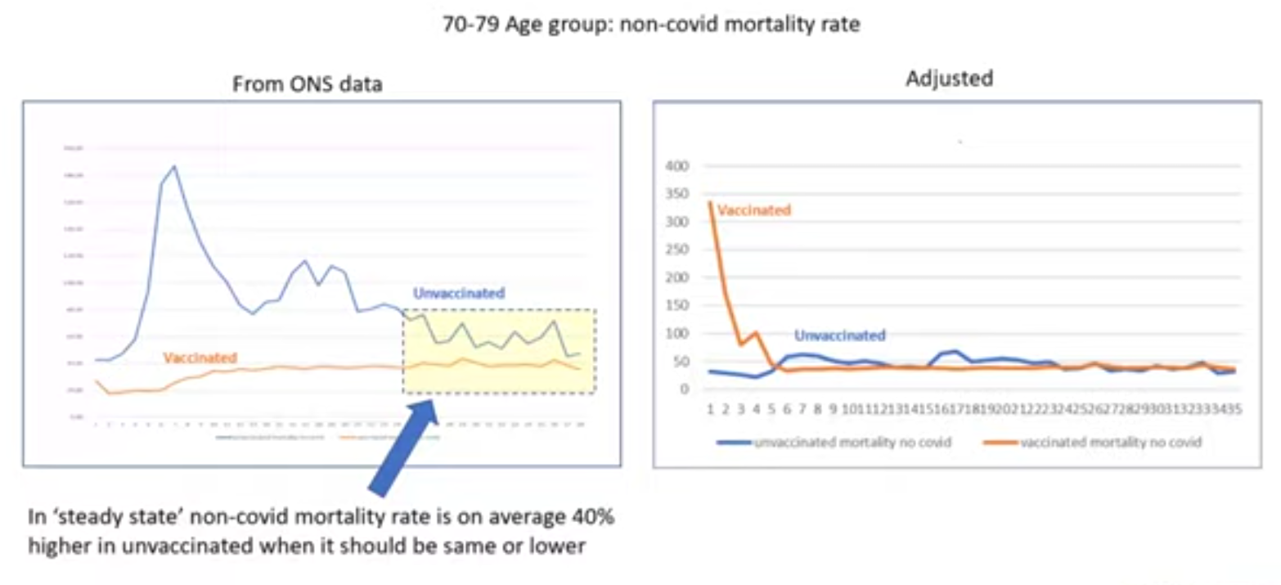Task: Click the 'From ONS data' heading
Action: tap(308, 83)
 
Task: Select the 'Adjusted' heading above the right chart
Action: tap(949, 79)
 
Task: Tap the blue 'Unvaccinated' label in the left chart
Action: tap(459, 293)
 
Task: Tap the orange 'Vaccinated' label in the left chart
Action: tap(200, 358)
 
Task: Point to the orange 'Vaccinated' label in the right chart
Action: tap(753, 210)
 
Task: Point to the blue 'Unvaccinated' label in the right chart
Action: tap(840, 335)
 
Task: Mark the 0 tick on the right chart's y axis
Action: tap(686, 389)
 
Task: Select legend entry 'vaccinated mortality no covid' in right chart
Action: tap(1110, 443)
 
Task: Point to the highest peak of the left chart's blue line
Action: tap(173, 166)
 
